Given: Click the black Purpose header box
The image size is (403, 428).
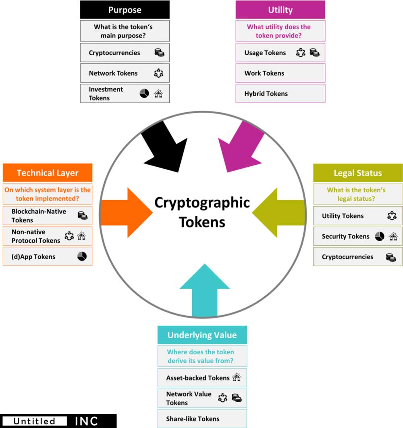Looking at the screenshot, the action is click(125, 10).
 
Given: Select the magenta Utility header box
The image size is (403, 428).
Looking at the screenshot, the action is click(280, 10).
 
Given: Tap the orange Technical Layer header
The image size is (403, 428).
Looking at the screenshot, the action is click(48, 173).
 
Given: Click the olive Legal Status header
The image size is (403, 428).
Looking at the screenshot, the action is click(358, 173).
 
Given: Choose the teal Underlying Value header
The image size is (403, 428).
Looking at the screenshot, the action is click(202, 335).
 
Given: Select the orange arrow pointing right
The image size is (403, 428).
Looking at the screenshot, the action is click(127, 213).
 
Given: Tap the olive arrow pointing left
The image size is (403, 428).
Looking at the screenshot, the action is click(278, 213).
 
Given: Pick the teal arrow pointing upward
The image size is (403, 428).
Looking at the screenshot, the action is click(205, 290).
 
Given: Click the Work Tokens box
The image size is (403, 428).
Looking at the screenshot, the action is click(280, 73).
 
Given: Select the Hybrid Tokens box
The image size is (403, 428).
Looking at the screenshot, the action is click(280, 93).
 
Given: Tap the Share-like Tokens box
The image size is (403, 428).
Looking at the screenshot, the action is click(202, 418).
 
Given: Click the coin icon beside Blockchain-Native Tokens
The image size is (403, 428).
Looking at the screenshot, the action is click(83, 216).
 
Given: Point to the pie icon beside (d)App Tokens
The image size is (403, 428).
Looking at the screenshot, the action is click(82, 256).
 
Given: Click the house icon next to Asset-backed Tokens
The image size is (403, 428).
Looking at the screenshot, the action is click(237, 377).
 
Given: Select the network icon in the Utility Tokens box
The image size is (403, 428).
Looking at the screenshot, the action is click(392, 216).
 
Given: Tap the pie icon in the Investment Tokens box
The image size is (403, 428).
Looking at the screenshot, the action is click(144, 93).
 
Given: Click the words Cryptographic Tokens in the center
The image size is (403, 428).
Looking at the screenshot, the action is click(202, 212).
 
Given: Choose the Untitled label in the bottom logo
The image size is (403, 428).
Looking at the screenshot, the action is click(34, 421).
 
